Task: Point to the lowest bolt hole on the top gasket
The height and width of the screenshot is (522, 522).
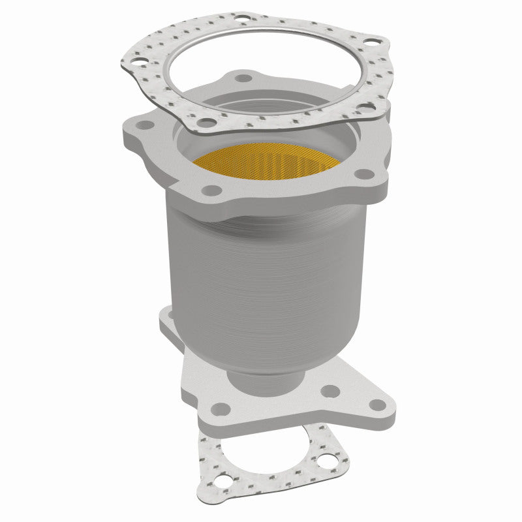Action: click(x=207, y=122)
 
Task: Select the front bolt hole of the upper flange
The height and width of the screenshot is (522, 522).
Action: click(x=210, y=191)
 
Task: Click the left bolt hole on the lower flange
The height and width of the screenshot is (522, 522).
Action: click(x=221, y=409)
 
